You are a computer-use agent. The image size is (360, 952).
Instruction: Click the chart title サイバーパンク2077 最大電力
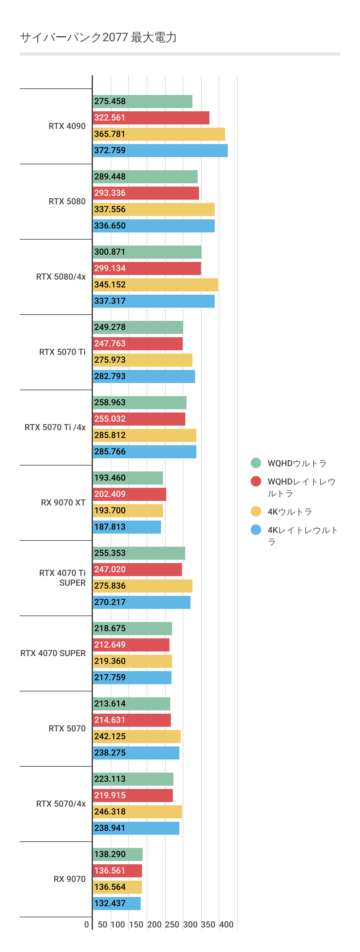click(98, 38)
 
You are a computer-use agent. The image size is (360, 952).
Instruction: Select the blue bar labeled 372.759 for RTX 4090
click(160, 150)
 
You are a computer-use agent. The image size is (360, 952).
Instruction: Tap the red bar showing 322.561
click(151, 118)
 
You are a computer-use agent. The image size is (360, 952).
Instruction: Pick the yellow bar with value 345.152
click(155, 284)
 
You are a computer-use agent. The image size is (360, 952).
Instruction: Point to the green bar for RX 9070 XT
click(128, 478)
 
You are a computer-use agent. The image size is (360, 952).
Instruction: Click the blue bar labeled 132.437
click(117, 903)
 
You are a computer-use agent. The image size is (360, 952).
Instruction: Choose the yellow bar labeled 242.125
click(137, 736)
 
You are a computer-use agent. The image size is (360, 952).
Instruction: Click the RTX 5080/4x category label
click(61, 277)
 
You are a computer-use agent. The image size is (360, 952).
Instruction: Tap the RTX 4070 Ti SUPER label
click(63, 577)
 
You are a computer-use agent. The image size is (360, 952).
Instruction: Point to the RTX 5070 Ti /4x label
click(55, 427)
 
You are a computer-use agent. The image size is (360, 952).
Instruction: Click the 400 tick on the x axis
click(226, 924)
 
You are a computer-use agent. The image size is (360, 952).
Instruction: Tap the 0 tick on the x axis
click(86, 924)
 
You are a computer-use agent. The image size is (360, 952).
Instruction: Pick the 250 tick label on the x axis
click(172, 924)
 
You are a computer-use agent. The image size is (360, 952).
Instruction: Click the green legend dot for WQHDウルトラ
click(256, 463)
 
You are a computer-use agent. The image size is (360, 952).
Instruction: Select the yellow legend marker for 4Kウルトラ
click(256, 511)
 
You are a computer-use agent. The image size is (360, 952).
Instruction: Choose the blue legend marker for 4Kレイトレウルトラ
click(256, 530)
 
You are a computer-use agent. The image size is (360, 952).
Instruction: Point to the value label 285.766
click(110, 451)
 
